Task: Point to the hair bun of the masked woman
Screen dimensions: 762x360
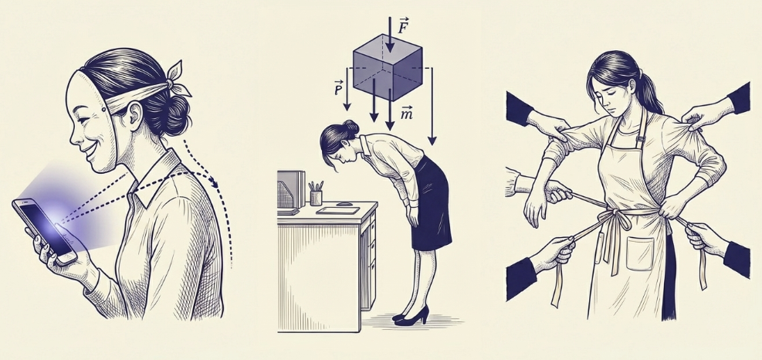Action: [172, 115]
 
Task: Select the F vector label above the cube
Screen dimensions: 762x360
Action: [402, 27]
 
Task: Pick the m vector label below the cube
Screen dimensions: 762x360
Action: [407, 114]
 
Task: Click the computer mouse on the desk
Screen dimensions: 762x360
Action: [344, 203]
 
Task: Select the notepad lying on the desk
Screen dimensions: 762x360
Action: [337, 211]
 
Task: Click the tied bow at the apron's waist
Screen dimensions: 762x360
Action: [616, 219]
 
